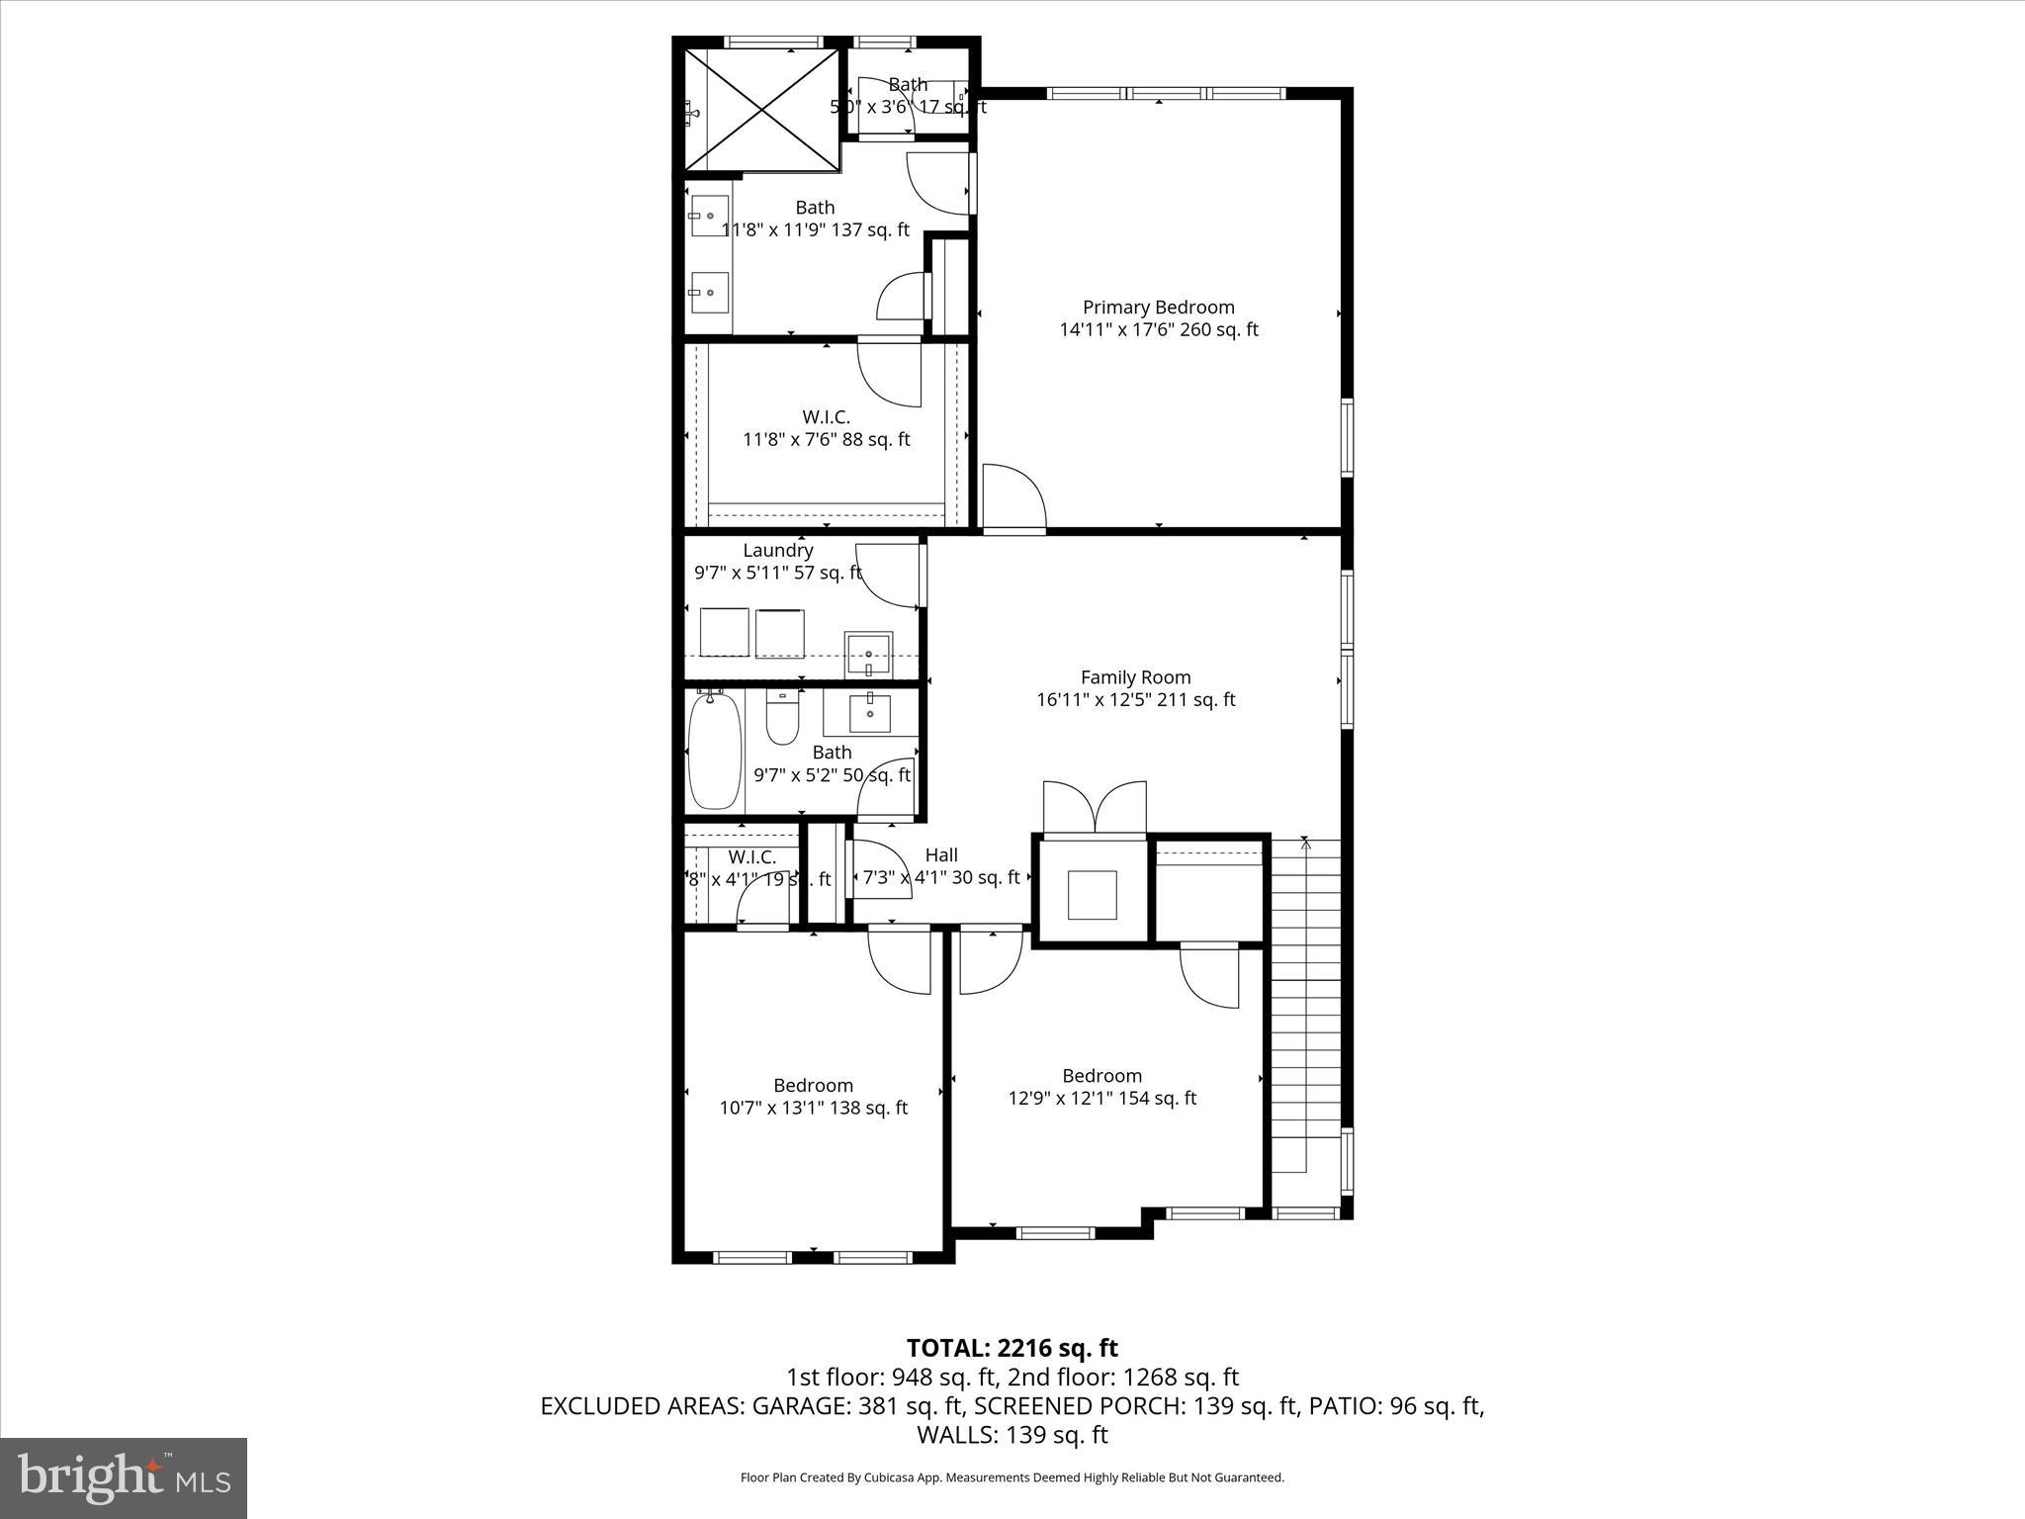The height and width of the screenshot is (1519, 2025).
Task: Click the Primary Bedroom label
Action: [x=1158, y=308]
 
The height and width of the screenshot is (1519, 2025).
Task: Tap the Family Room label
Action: [x=1135, y=677]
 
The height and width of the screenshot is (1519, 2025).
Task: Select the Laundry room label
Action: [x=778, y=551]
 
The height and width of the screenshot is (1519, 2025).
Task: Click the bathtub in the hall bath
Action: [x=714, y=752]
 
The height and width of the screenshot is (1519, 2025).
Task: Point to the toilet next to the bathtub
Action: [x=782, y=719]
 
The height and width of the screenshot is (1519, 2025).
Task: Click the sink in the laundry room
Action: [x=869, y=655]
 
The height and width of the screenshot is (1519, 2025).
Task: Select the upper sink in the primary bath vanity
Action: [x=709, y=216]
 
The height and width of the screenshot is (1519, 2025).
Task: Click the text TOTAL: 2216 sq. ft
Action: [x=1012, y=1348]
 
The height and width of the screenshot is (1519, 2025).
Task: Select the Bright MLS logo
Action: [x=124, y=1477]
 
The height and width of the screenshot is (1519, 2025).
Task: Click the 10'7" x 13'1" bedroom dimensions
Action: [x=813, y=1109]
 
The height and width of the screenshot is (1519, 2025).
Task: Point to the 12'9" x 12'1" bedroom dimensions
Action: [x=1101, y=1099]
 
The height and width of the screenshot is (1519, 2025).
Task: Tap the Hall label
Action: [x=941, y=855]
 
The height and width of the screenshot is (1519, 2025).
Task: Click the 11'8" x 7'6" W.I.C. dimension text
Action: [x=826, y=440]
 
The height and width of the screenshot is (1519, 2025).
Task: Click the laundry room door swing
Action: [x=888, y=577]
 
